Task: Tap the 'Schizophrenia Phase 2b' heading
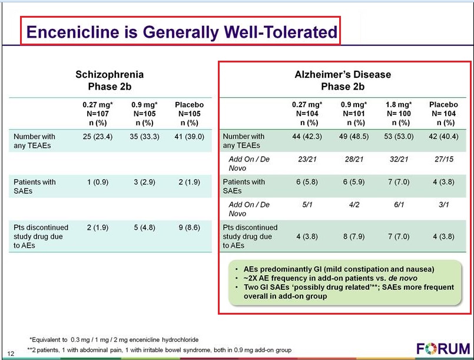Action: click(110, 81)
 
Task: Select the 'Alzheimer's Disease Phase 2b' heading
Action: click(342, 81)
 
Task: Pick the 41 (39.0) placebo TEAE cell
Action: click(189, 137)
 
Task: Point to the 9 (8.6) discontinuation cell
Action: click(189, 227)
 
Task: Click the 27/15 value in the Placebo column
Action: click(442, 159)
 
